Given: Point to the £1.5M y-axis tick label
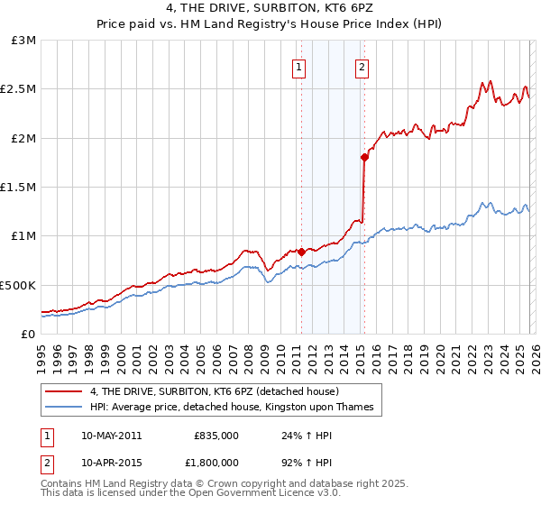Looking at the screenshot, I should [x=19, y=188].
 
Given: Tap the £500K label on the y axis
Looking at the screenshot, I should [x=18, y=285].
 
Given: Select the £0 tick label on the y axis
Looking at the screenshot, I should [x=30, y=334].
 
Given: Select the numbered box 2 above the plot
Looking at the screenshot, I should [x=362, y=66].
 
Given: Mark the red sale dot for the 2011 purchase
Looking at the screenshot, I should [x=301, y=252].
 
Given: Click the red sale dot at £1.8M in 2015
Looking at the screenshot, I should [x=363, y=158].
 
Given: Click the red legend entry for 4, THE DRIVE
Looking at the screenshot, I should [x=214, y=391].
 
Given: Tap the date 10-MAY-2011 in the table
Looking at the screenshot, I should [x=111, y=435].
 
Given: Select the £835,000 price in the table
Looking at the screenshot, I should [x=216, y=435].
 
